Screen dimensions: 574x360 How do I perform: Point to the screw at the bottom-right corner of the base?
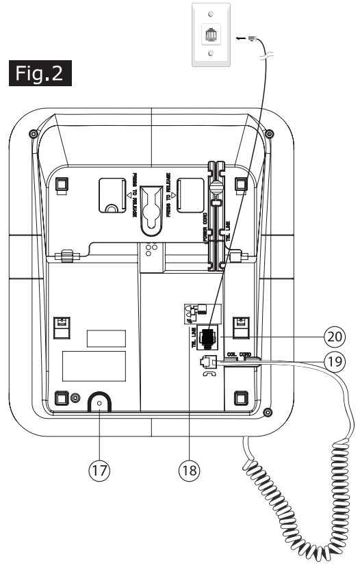(268, 412)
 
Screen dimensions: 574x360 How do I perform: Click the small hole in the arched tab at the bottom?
(101, 404)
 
